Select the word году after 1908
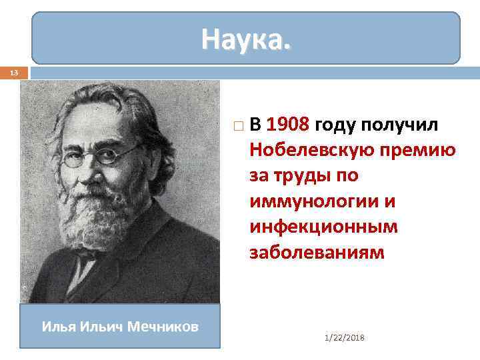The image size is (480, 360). coord(335,124)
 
